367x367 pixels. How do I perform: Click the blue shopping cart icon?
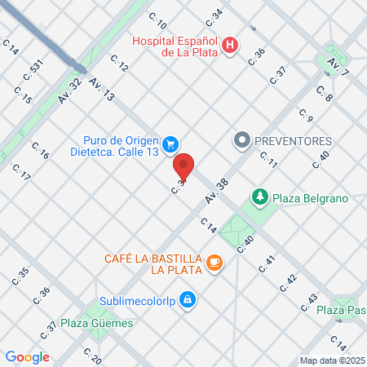(170, 144)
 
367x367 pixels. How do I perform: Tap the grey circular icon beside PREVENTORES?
(241, 140)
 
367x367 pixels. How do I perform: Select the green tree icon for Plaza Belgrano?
(260, 197)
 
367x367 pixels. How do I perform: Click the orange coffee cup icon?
(214, 262)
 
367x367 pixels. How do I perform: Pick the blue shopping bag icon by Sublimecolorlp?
(188, 299)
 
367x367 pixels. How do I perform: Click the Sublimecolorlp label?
(137, 299)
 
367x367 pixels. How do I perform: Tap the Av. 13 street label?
(102, 90)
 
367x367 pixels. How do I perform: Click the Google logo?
(28, 356)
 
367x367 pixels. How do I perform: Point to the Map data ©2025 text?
(331, 360)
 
